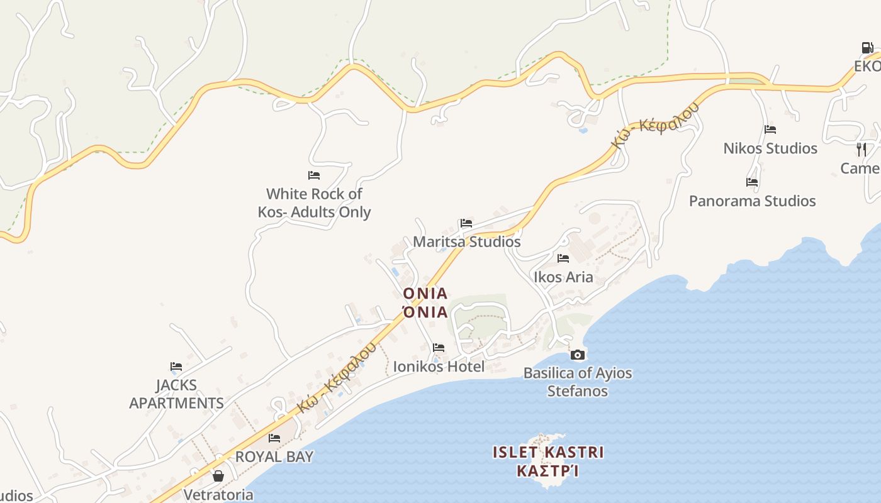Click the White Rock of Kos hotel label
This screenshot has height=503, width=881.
coord(314,202)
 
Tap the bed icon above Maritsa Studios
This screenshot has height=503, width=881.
coord(466,223)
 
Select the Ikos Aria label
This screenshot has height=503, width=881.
coord(563,277)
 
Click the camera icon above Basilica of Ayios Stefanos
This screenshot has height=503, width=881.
coord(577,355)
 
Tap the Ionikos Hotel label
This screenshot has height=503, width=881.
coord(439,366)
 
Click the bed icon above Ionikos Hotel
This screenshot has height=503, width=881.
coord(439,347)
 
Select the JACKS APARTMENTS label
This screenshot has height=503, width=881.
coord(176,394)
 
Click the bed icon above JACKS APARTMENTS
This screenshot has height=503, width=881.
coord(176,366)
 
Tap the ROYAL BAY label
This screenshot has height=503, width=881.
coord(274,456)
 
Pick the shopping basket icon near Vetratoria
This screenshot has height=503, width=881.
coord(218,476)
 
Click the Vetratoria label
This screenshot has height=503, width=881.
coord(218,495)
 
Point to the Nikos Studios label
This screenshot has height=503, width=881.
coord(770,148)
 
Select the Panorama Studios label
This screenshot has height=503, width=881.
coord(752,201)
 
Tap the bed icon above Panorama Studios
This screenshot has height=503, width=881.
coord(752,182)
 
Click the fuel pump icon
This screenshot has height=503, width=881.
coord(867,48)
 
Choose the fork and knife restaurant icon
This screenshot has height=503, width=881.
coord(861,149)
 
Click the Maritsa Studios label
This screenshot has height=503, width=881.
coord(466,241)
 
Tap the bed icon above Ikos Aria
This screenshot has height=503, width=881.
coord(563,258)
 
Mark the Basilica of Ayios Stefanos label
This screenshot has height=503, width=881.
coord(577,382)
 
